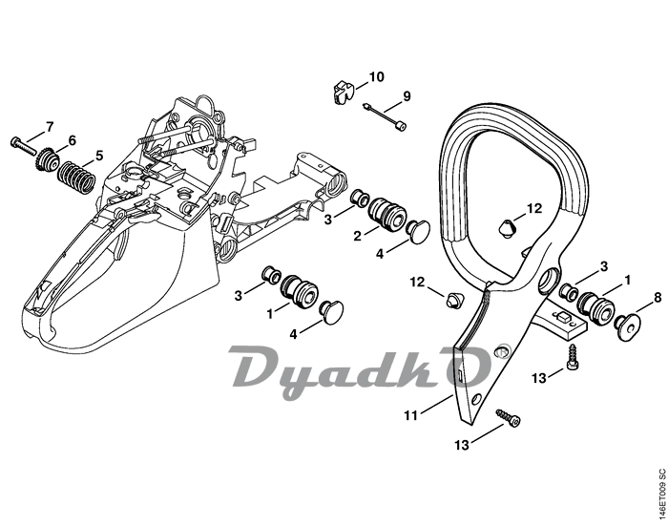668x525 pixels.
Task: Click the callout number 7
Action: [x=50, y=127]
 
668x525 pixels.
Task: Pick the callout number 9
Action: [x=406, y=96]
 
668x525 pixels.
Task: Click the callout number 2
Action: [x=357, y=235]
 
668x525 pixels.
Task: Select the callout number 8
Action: [x=657, y=298]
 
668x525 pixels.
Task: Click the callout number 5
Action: [x=98, y=156]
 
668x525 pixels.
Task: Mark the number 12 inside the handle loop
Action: [x=533, y=208]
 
